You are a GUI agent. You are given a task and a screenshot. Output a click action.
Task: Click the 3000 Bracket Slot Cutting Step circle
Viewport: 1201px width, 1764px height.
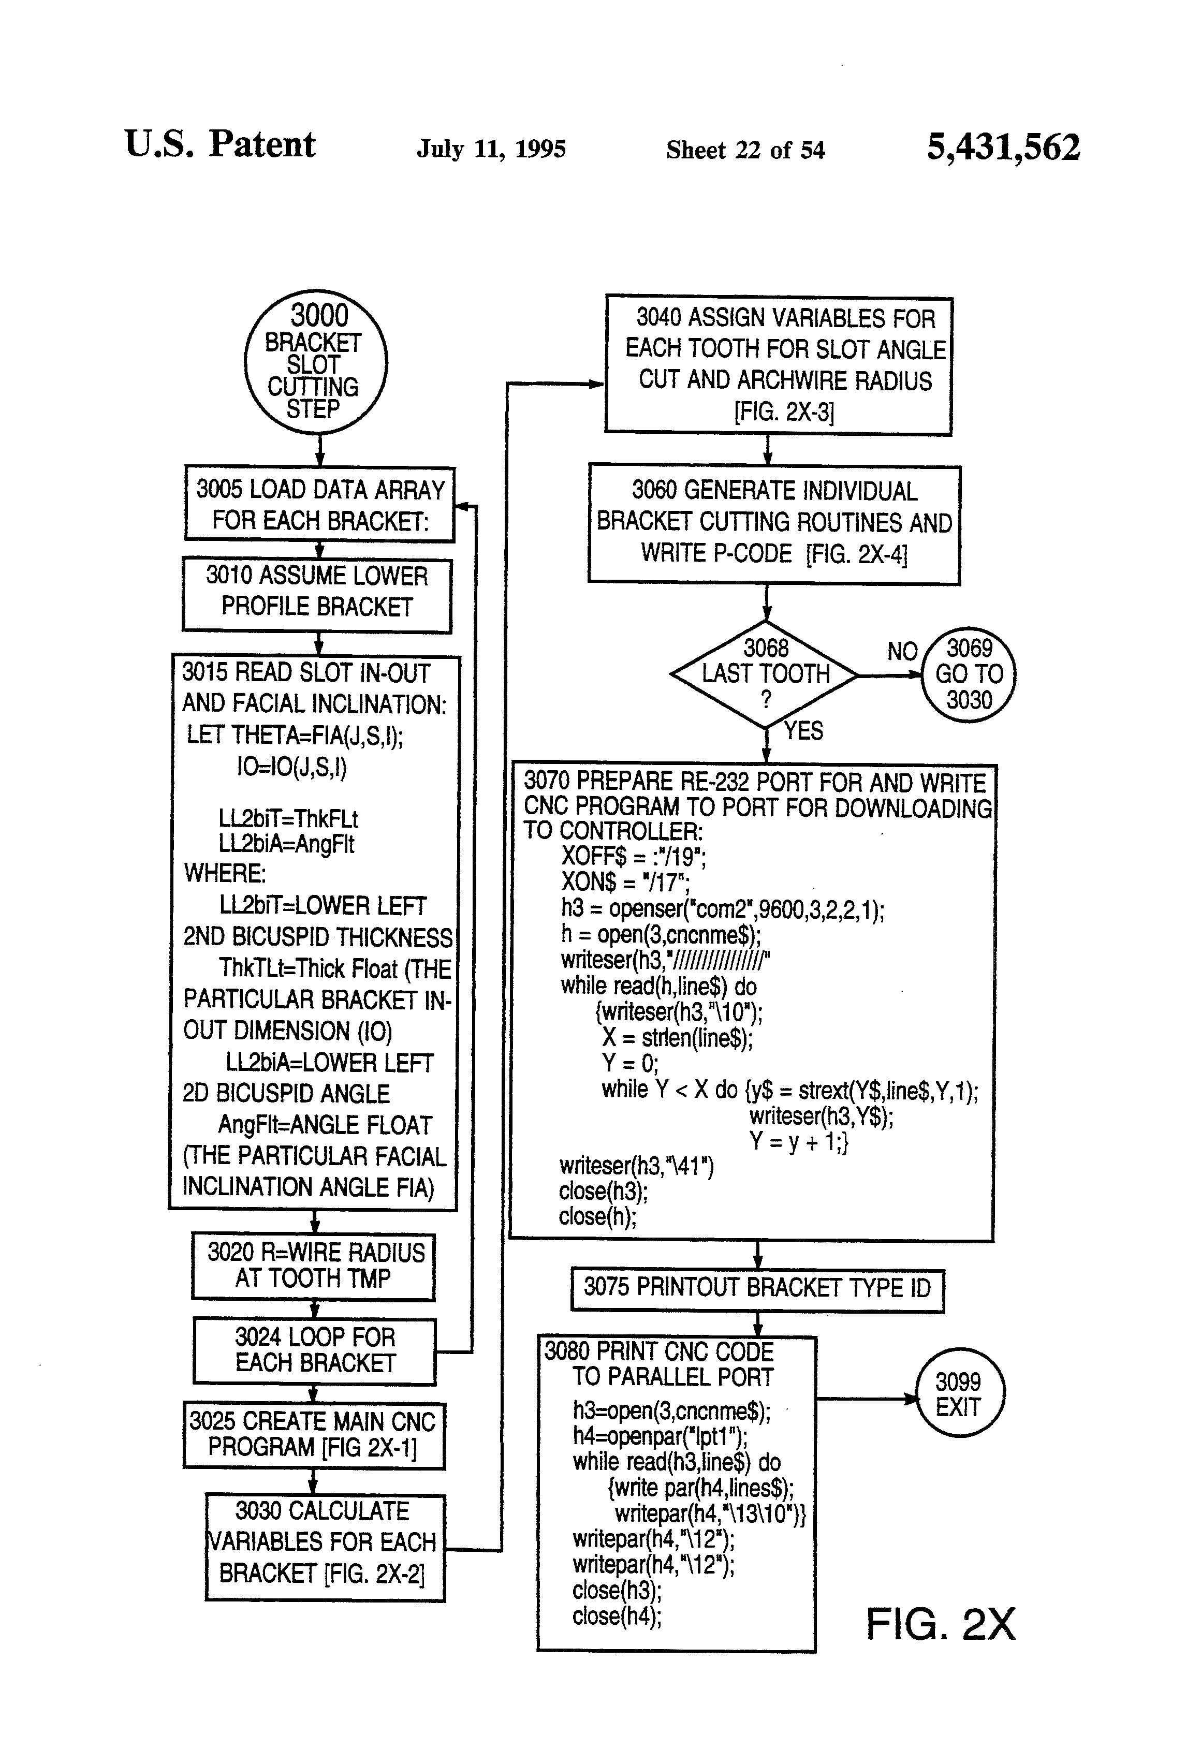(x=316, y=362)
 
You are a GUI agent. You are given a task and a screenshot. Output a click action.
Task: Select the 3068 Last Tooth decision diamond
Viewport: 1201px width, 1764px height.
(x=765, y=674)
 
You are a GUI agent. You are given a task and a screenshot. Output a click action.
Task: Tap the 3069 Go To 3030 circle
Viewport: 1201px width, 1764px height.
(x=968, y=674)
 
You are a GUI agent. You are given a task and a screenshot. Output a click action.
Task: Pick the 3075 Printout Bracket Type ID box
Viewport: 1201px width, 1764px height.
(x=757, y=1288)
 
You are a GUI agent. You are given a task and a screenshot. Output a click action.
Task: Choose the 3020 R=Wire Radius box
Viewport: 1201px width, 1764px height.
(x=314, y=1266)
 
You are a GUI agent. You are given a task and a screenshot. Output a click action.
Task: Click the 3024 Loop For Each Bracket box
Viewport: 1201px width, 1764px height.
(x=314, y=1350)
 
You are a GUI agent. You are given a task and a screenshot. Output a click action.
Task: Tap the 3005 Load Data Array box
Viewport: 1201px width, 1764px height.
(x=319, y=504)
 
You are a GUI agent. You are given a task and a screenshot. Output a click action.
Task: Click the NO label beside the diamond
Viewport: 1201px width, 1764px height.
(x=902, y=651)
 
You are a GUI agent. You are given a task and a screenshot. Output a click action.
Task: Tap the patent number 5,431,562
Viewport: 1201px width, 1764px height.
(x=1003, y=147)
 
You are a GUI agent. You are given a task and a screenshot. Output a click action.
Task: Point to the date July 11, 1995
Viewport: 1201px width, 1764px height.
(x=491, y=149)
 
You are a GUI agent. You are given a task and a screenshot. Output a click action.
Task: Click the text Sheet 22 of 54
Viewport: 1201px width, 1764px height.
(x=745, y=150)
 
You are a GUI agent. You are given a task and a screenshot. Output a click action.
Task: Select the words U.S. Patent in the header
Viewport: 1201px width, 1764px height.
(x=220, y=144)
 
